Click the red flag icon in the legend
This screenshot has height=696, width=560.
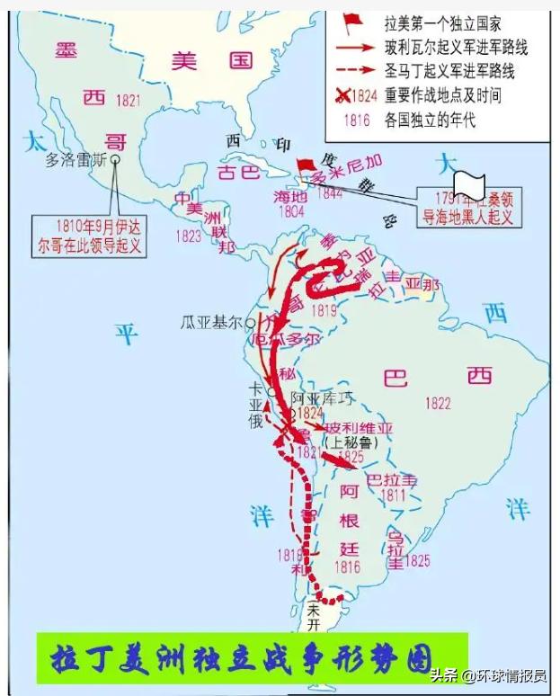coord(353,22)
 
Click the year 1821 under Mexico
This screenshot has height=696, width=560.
coord(128,101)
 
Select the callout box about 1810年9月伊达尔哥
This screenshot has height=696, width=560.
coord(88,235)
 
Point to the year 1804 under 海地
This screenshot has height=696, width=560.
coord(292,211)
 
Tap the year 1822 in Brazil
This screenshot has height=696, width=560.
coord(438,404)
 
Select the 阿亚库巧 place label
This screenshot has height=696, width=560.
coord(323,397)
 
